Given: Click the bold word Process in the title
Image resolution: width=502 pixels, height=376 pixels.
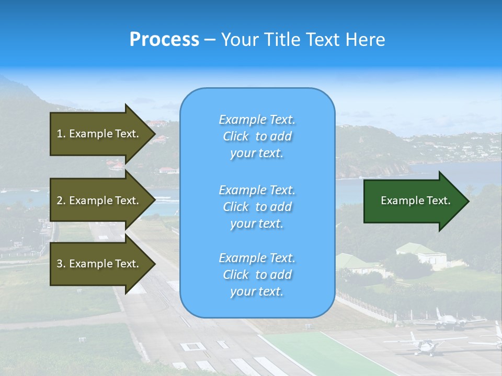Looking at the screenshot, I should pos(164,40).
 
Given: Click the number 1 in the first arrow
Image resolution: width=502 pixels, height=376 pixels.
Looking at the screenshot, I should pos(60,134).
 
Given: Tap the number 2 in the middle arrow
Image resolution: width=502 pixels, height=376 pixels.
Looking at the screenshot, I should pos(60,201).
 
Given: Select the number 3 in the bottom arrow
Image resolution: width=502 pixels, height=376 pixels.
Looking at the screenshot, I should pos(60,264).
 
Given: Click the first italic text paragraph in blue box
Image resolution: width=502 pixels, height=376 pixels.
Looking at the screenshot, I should pos(257,136).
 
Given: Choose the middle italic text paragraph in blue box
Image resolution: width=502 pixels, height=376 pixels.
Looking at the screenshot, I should pos(257,206).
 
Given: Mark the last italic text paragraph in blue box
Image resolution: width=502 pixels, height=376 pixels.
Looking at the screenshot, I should pos(257,275).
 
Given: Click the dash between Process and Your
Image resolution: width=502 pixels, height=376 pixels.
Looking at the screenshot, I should pos(210,40).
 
